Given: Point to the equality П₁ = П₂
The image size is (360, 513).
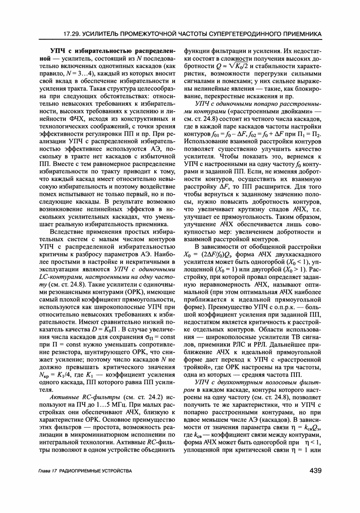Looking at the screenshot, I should (311, 137).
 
